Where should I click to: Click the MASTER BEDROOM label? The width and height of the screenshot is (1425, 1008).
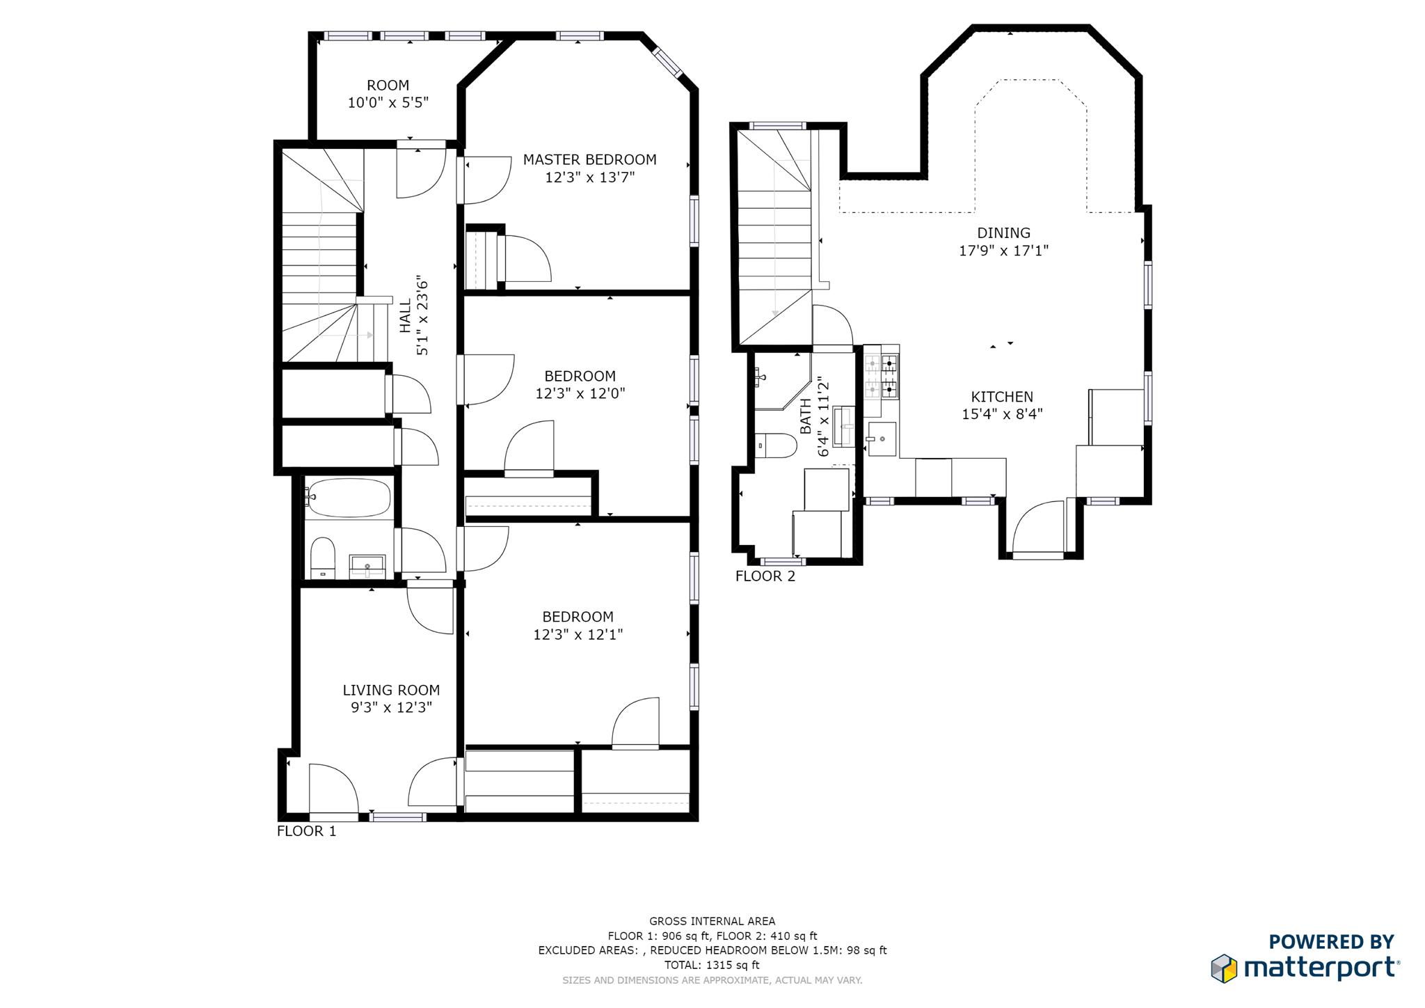(x=589, y=160)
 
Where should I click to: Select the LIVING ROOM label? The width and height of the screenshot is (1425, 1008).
(x=391, y=691)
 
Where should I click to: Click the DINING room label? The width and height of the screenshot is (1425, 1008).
(x=1003, y=233)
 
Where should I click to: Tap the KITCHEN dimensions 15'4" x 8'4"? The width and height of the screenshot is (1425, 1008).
(x=1002, y=415)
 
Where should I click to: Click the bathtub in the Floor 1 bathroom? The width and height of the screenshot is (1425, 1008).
(x=348, y=497)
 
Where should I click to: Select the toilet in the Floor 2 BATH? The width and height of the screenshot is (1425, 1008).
(x=776, y=446)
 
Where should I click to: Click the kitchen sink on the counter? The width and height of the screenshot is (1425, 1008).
(x=882, y=439)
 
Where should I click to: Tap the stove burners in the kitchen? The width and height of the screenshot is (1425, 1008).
(x=882, y=377)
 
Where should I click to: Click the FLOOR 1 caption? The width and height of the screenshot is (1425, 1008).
(x=306, y=831)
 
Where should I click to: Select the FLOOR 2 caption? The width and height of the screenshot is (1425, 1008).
(x=765, y=576)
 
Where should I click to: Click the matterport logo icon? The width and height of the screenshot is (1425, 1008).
(x=1224, y=968)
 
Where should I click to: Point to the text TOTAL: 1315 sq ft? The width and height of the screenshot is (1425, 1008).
(x=712, y=965)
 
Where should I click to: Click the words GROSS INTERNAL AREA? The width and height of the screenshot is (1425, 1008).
(x=712, y=921)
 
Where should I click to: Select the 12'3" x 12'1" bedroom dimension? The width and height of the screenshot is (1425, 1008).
(x=578, y=635)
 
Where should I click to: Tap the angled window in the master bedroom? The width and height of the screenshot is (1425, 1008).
(x=669, y=61)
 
